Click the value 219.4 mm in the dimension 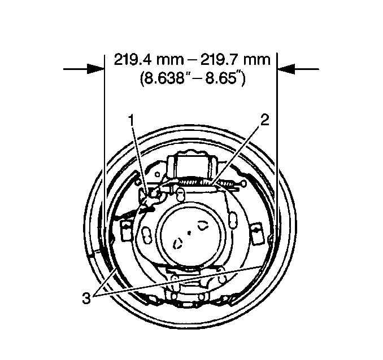point(149,60)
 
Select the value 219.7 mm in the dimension point(236,60)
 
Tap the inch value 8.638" point(162,78)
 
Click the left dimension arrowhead point(96,69)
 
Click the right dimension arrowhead point(286,69)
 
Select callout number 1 point(132,121)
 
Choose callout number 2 point(265,120)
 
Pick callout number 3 point(86,298)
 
